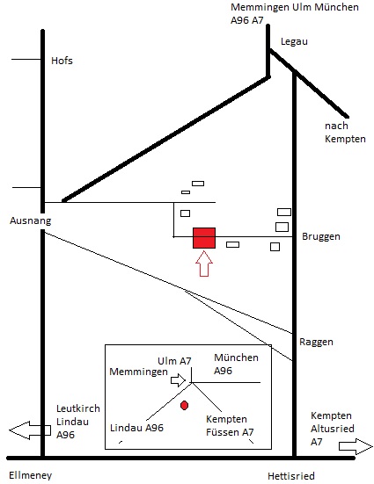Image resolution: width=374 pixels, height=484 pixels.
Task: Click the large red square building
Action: coord(204,238)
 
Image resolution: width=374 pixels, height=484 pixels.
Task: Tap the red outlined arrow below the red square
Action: coord(204,264)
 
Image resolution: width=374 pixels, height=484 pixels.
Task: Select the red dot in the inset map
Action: coord(185,405)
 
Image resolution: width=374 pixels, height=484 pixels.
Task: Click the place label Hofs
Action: coord(62,61)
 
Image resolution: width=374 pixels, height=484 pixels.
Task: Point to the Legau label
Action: coord(294,41)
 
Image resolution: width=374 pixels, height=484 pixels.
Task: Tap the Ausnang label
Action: coord(30,220)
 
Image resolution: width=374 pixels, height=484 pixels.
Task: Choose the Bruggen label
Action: coord(321,236)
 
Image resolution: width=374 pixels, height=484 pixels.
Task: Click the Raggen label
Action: coord(316,342)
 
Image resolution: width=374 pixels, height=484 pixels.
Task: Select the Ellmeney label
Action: coord(30,476)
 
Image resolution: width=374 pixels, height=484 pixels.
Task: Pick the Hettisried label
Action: coord(291,476)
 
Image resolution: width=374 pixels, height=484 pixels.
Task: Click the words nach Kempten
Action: coord(345,132)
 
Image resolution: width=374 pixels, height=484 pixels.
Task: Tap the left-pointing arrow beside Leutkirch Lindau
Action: coord(30,430)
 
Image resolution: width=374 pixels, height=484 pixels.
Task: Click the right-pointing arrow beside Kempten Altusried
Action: coord(356,446)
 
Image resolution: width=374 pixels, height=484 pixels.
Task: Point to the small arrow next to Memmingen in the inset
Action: coord(178,380)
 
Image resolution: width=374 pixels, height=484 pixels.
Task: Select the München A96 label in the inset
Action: coord(237,365)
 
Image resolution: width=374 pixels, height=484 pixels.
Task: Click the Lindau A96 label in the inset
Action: coord(136,428)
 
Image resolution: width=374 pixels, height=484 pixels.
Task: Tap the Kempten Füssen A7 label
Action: coord(230,426)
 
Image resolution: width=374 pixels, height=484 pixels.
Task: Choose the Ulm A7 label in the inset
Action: coord(174,361)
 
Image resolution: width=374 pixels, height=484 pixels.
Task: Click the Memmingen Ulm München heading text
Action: coord(295,7)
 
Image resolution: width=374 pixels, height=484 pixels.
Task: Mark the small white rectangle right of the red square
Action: coord(232,244)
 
